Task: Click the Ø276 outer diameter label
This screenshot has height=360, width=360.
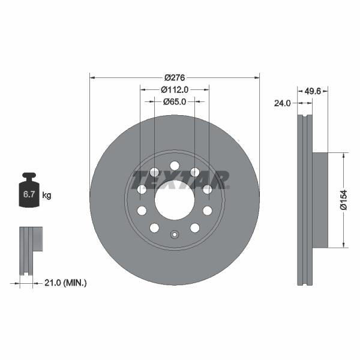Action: (x=174, y=77)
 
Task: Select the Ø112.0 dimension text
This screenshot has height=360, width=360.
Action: (x=175, y=89)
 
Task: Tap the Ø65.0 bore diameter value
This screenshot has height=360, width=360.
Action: (x=175, y=101)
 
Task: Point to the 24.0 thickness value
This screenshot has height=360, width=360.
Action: (x=282, y=103)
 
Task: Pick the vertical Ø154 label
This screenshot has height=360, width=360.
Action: (x=344, y=199)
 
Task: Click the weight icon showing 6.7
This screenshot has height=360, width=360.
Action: (x=28, y=192)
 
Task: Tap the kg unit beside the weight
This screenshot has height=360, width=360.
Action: (x=46, y=195)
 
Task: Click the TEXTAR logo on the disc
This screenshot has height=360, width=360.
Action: (x=180, y=179)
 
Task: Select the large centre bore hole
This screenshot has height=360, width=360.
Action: (x=174, y=200)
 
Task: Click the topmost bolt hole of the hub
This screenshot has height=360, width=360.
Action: (x=174, y=166)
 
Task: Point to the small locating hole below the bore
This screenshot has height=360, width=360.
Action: (x=174, y=235)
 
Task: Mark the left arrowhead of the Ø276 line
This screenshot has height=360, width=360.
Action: (x=92, y=77)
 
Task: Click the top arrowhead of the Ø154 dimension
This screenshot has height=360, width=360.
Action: (x=344, y=155)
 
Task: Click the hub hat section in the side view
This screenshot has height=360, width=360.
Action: (x=321, y=200)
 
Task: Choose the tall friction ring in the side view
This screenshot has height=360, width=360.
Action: (x=305, y=200)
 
